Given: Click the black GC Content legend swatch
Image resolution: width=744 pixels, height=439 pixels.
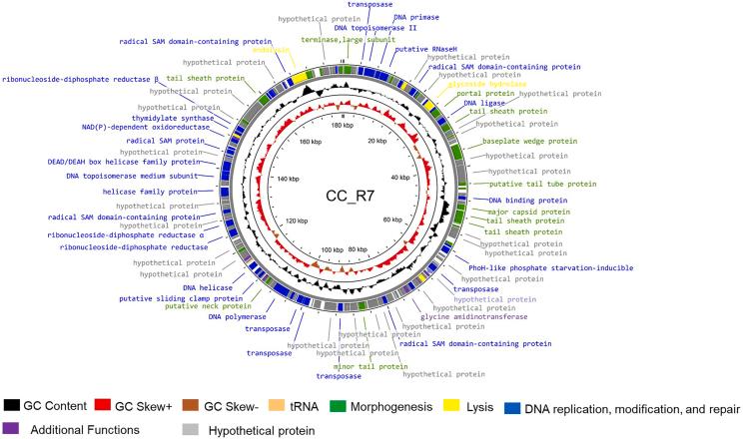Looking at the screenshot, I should (x=13, y=405).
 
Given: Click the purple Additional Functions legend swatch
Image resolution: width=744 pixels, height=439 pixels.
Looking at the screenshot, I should (x=13, y=428).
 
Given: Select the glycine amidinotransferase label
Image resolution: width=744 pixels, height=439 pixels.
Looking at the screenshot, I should (x=472, y=317).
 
